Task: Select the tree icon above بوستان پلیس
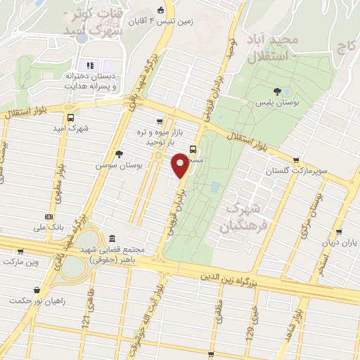click(278, 91)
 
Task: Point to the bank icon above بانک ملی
click(49, 217)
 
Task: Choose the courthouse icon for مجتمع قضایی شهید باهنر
click(113, 238)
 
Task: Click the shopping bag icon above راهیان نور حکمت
click(36, 289)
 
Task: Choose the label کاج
click(346, 49)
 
